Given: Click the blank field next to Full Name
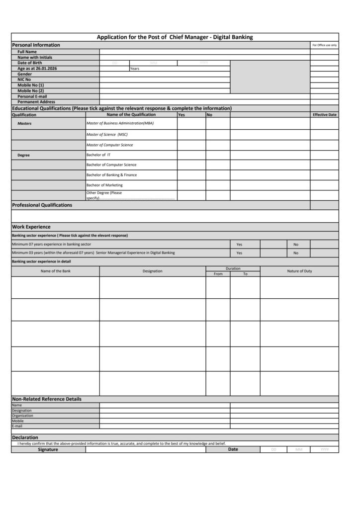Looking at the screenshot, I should (204, 52).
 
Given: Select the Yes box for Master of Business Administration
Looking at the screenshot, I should (191, 123).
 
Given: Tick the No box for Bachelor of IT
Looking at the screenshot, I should (218, 155).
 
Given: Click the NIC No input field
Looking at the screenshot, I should (165, 80).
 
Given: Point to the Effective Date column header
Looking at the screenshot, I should (324, 115).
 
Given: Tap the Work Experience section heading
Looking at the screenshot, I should (31, 227).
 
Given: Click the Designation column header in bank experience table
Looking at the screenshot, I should (152, 271).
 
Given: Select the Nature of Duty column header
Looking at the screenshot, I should (299, 271).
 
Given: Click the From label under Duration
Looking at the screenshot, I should (218, 274).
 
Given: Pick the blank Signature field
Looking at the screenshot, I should (145, 449).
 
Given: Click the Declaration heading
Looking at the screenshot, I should (25, 437).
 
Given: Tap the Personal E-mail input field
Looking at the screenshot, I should (204, 96).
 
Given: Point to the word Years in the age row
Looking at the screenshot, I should (134, 69).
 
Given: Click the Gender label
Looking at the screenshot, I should (25, 74).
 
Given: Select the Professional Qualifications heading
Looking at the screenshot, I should (42, 205).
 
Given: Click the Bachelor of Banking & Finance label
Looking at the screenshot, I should (111, 175).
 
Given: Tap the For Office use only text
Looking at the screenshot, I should (324, 45).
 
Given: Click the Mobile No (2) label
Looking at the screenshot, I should (31, 91).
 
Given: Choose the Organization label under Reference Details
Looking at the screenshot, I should (23, 416).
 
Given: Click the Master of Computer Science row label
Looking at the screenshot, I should (110, 145).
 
